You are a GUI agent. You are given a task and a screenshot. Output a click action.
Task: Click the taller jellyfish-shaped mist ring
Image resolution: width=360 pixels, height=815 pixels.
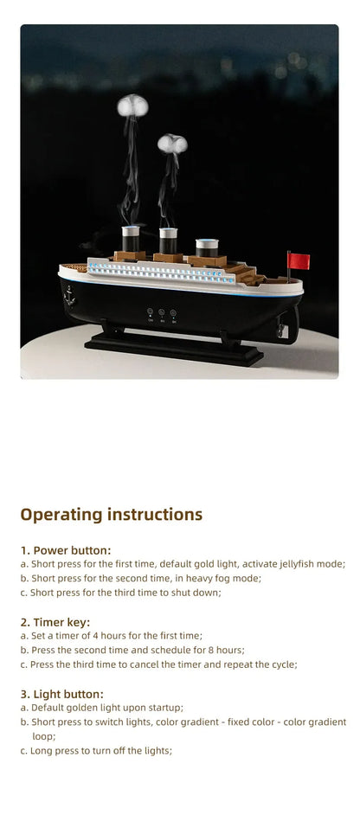(x=132, y=105)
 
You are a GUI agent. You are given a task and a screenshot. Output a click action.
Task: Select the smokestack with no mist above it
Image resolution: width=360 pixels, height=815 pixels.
(x=206, y=247)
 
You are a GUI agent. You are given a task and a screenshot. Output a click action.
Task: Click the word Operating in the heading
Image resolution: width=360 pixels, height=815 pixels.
(x=60, y=515)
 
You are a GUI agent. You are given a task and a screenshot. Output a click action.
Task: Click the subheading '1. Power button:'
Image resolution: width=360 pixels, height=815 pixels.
(x=66, y=550)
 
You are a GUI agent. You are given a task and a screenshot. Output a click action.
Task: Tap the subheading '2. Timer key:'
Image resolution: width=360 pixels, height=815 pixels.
(x=55, y=622)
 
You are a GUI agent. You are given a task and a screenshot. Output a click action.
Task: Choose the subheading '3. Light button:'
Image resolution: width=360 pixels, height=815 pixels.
(x=62, y=694)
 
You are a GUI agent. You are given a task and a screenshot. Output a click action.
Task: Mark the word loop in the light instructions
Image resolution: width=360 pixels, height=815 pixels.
(x=44, y=736)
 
